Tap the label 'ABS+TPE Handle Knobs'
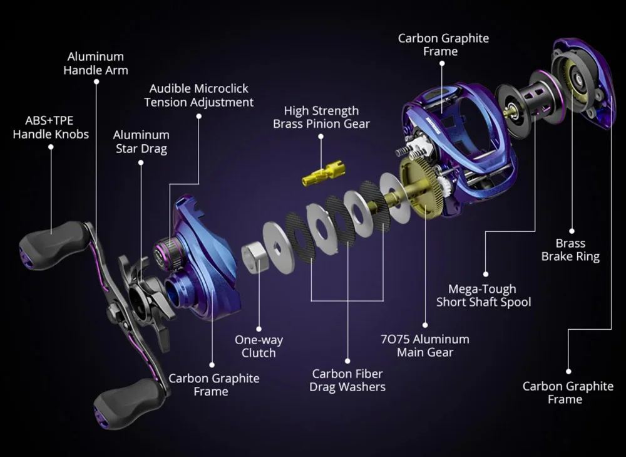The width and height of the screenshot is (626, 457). pyautogui.click(x=51, y=127)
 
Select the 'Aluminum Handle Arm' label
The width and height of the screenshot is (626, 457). pyautogui.click(x=96, y=63)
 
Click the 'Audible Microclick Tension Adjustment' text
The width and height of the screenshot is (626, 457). pyautogui.click(x=198, y=95)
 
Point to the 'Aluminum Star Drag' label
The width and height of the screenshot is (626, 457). pyautogui.click(x=141, y=141)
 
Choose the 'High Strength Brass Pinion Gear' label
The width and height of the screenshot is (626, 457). pyautogui.click(x=321, y=117)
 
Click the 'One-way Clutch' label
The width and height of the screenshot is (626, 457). pyautogui.click(x=259, y=346)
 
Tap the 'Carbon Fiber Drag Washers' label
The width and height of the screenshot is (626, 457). pyautogui.click(x=347, y=381)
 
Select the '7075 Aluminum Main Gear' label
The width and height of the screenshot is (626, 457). pyautogui.click(x=424, y=345)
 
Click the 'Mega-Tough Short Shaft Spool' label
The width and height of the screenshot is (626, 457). pyautogui.click(x=483, y=295)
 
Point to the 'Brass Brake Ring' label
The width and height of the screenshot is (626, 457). pyautogui.click(x=570, y=250)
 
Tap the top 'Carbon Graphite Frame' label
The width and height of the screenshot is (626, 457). pyautogui.click(x=443, y=45)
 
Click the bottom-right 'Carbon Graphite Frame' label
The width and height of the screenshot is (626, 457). pyautogui.click(x=568, y=392)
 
